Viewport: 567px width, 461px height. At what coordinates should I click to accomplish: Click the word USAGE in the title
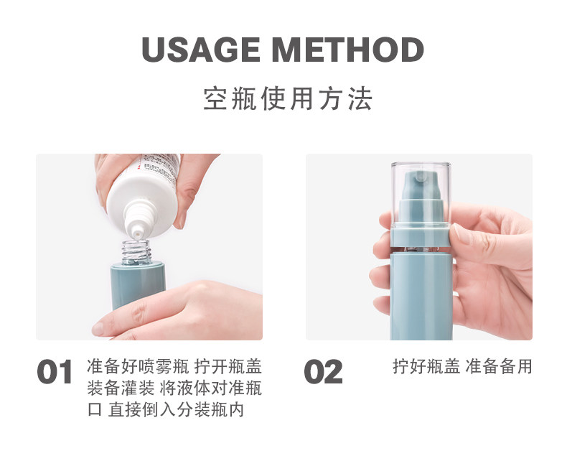coord(201,50)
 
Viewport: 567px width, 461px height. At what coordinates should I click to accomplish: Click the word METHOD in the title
coord(348,50)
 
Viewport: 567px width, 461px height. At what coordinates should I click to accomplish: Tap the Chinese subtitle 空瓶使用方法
coord(288,98)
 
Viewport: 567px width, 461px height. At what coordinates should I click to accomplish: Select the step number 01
coord(55,372)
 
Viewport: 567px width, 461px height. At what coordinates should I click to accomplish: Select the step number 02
coord(323,372)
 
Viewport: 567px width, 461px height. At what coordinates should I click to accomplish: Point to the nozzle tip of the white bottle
coord(136,235)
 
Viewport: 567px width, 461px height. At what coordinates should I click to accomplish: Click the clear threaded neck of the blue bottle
coord(136,252)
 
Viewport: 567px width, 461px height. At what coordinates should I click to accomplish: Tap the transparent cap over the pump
coord(421,195)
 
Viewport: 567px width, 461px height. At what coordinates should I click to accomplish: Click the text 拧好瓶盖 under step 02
coord(426,366)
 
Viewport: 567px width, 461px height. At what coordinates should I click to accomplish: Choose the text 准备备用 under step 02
coord(499,366)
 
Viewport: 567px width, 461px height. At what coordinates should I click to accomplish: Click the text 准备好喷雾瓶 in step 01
coord(138,366)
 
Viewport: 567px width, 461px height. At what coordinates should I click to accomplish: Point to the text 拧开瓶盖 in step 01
coord(228,366)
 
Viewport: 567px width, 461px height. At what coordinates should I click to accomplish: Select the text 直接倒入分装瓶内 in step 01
coord(176,409)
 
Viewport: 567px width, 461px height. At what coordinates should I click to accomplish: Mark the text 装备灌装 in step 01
coord(121,388)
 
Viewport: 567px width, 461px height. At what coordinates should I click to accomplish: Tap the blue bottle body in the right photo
coord(421,296)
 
